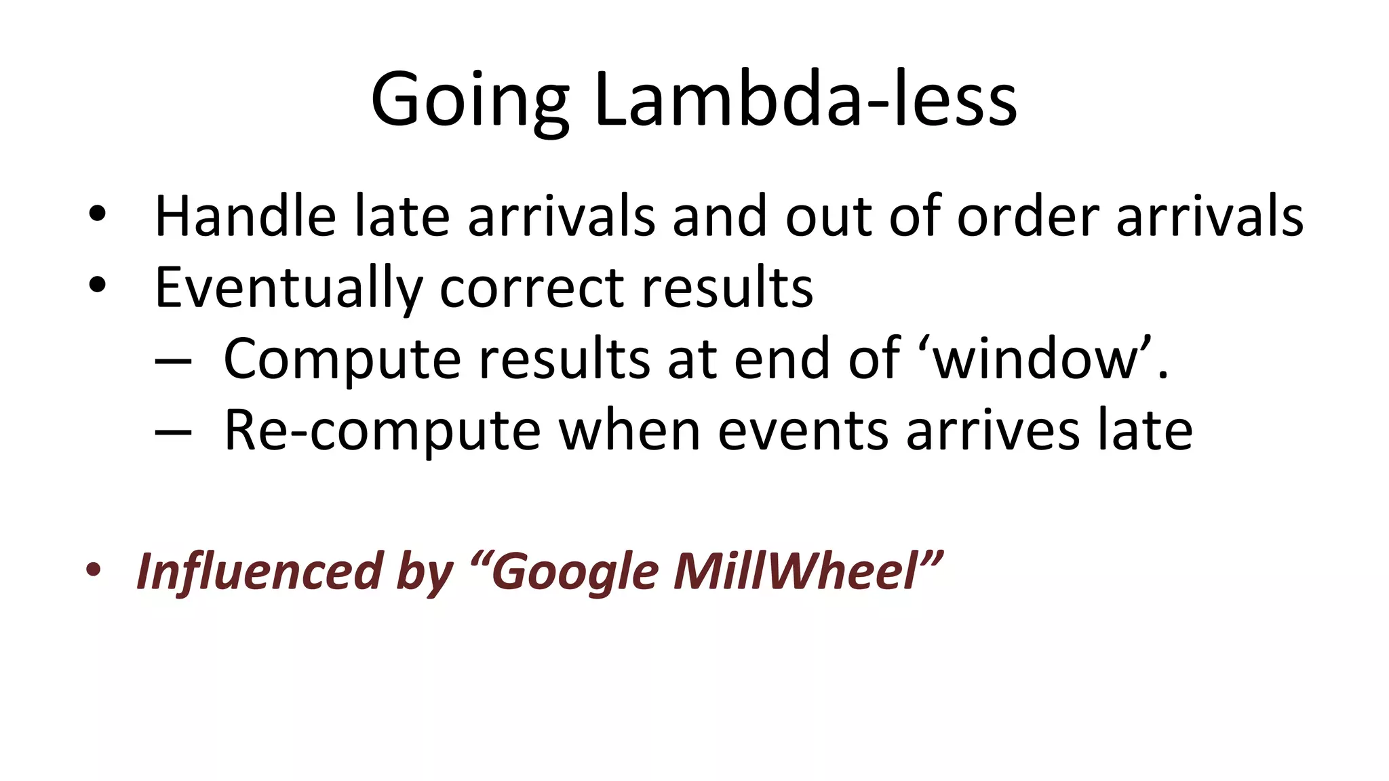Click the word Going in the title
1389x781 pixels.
(x=469, y=100)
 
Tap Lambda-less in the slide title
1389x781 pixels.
(x=805, y=100)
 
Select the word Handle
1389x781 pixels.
(x=245, y=217)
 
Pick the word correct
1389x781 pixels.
(x=532, y=288)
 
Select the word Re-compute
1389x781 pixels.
(x=382, y=431)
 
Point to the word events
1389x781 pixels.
(x=804, y=431)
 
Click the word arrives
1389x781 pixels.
(x=994, y=431)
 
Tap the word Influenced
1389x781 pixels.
(x=260, y=572)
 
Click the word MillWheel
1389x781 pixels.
(x=797, y=572)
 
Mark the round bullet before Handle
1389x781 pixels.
(x=98, y=214)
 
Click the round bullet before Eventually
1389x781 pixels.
(x=98, y=285)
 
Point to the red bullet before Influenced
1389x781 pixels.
(x=94, y=569)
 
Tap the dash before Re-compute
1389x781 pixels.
(x=173, y=432)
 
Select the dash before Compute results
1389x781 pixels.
(x=173, y=361)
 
